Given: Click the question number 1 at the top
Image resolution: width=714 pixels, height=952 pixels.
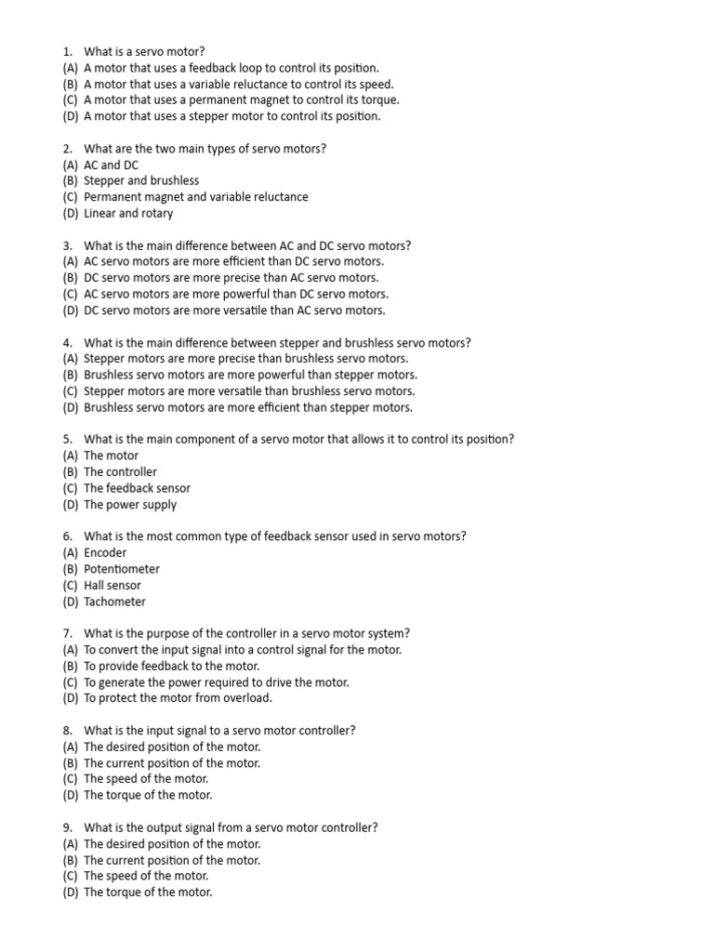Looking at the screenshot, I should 67,51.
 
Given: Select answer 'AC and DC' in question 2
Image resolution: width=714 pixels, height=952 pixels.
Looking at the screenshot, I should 111,165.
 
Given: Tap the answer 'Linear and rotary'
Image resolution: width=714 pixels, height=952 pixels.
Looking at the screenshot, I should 128,213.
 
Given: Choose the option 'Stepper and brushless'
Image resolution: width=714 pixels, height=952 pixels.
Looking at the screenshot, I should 141,180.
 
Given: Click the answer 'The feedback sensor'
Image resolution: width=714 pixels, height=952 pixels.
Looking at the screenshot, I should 137,488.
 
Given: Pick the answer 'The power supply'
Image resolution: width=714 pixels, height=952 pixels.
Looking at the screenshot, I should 130,505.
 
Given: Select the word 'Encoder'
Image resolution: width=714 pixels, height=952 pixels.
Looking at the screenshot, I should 105,553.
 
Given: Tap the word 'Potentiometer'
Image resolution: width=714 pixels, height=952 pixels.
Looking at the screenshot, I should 122,569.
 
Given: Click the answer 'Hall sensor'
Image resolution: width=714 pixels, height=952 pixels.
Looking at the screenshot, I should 112,586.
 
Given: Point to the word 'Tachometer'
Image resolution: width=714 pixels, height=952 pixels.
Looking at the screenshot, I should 114,602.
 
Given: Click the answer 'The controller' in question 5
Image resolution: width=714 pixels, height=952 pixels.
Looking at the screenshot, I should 121,472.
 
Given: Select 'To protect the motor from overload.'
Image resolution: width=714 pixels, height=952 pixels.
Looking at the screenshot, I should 178,698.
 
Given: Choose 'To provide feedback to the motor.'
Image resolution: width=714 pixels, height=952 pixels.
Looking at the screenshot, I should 171,666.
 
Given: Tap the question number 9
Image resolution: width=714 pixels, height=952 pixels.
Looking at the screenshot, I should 67,827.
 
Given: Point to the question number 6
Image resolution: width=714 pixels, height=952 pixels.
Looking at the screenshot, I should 67,536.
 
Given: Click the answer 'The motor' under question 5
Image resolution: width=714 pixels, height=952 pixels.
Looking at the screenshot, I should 111,456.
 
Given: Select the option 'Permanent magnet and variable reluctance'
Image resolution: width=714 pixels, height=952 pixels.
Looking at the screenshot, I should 196,197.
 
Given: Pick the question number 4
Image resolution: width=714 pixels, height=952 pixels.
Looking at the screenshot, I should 67,342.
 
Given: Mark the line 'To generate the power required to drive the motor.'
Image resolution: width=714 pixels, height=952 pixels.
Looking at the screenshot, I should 217,682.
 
